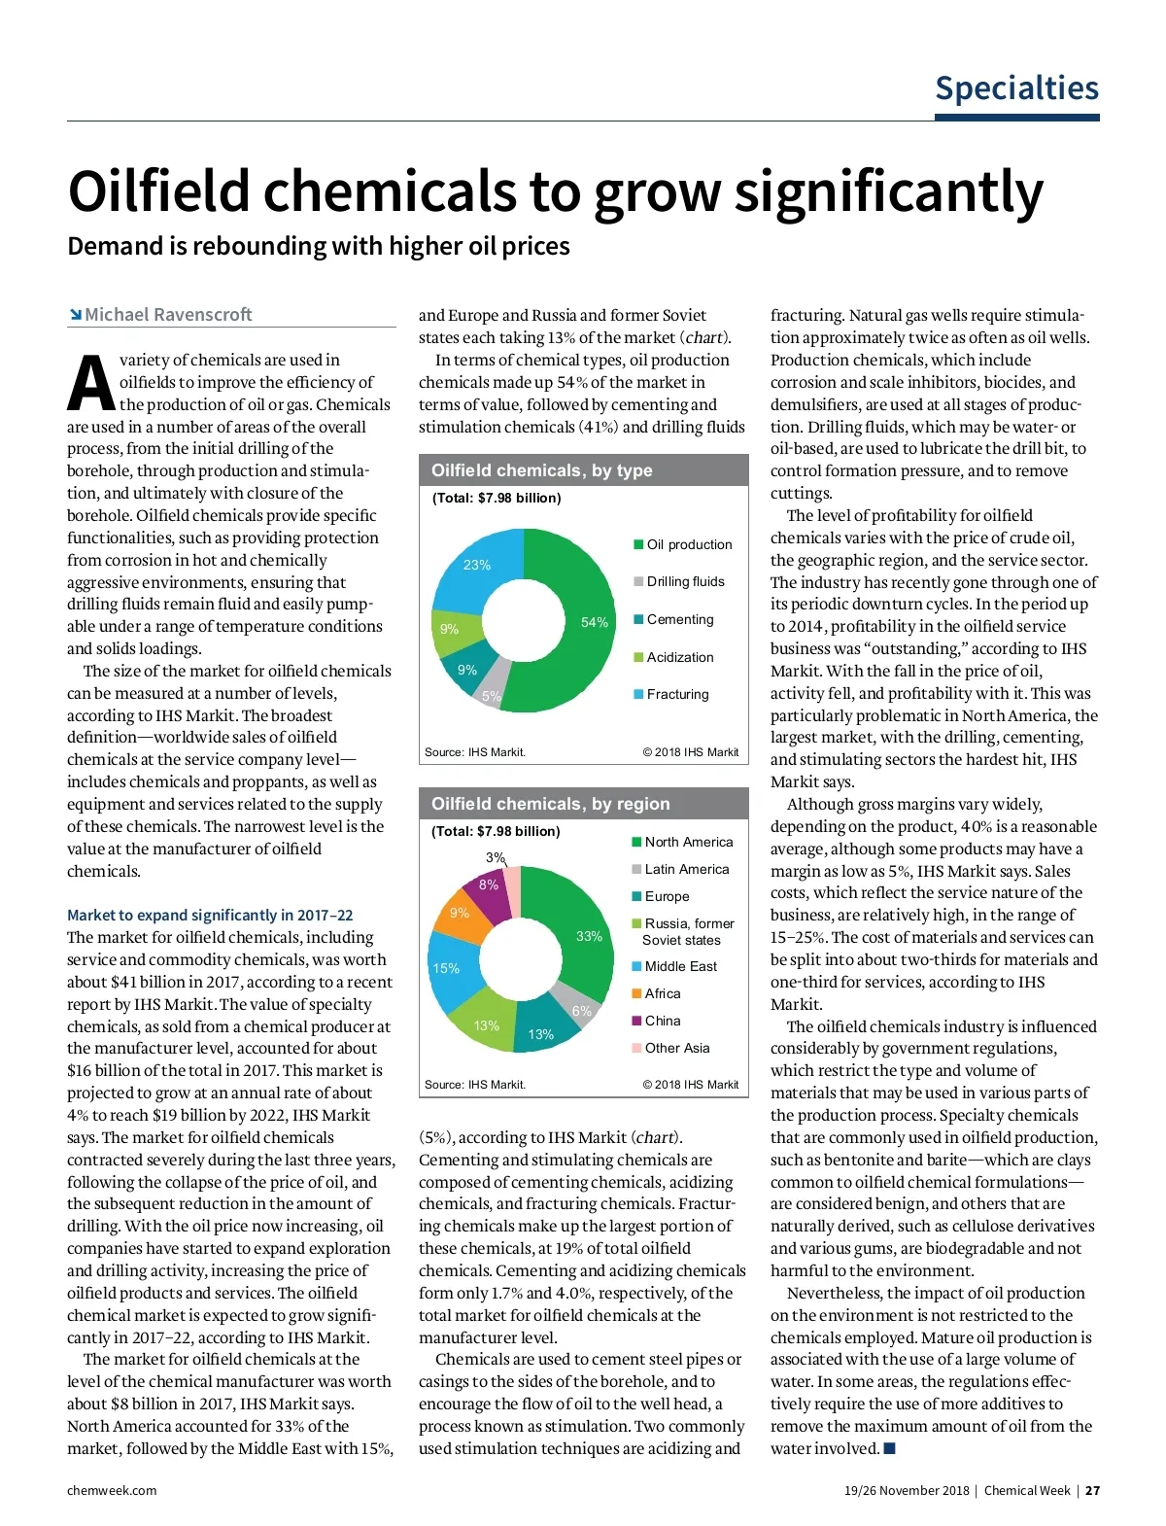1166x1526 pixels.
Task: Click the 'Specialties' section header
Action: (1016, 88)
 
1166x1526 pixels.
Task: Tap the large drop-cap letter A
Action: (90, 383)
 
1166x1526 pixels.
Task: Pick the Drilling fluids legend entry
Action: (685, 581)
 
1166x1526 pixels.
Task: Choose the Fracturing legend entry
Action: (677, 694)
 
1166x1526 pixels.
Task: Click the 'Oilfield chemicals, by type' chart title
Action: (541, 470)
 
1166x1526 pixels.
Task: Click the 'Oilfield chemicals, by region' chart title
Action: (550, 804)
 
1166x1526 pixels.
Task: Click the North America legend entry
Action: (688, 842)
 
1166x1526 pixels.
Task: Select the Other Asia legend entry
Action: (676, 1048)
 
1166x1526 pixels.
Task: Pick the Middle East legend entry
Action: (680, 966)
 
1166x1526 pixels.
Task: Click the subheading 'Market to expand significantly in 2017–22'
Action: (210, 915)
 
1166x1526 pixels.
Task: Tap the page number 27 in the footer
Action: (1092, 1490)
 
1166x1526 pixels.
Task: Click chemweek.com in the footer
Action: (112, 1490)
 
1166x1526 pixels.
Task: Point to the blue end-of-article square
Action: (889, 1448)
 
